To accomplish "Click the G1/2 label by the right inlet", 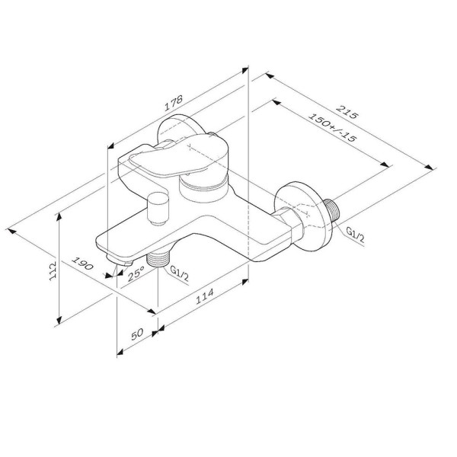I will coord(355,235).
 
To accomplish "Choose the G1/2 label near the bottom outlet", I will coord(180,271).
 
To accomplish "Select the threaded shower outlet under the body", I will coord(158,259).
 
